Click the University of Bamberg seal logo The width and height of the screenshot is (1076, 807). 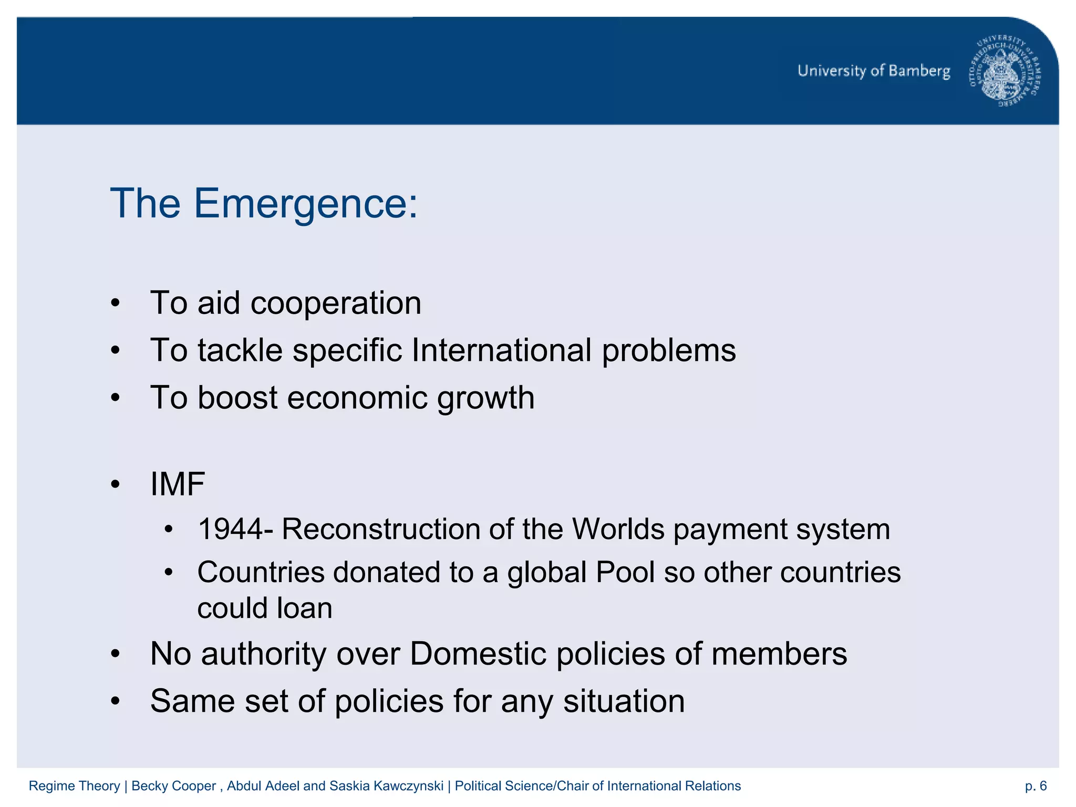click(1005, 71)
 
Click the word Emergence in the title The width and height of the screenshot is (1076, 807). click(306, 204)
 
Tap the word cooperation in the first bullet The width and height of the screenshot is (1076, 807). click(336, 303)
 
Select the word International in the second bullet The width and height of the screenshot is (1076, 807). click(502, 350)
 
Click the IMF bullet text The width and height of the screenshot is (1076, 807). click(178, 484)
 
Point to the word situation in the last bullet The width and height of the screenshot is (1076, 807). click(624, 701)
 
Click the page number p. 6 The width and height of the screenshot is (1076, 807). click(1036, 786)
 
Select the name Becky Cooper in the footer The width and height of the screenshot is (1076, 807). click(173, 786)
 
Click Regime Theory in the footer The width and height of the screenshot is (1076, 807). click(74, 786)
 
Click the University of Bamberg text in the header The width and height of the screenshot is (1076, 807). click(874, 71)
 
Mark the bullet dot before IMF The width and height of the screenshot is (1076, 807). click(116, 484)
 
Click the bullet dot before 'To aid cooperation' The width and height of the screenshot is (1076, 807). click(116, 304)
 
